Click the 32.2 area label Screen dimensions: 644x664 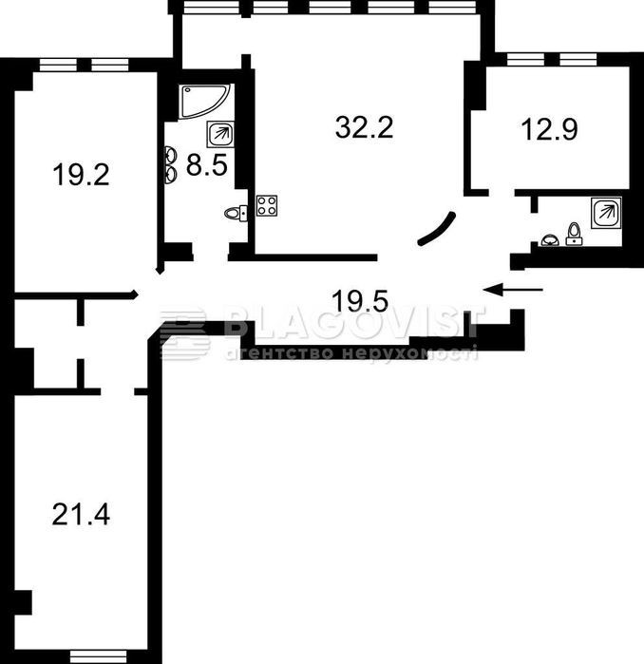click(364, 127)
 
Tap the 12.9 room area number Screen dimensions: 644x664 click(550, 129)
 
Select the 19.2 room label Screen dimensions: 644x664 click(81, 175)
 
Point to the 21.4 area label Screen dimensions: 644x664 click(81, 515)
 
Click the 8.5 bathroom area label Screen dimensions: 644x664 click(207, 164)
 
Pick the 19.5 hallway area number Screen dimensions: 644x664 click(360, 301)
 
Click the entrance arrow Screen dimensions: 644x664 click(513, 290)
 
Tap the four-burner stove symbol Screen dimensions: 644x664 click(267, 205)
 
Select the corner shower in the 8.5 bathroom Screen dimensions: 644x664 click(204, 102)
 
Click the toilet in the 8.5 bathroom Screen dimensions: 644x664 click(236, 212)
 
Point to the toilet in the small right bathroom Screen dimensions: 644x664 click(574, 235)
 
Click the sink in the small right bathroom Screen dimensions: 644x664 click(550, 240)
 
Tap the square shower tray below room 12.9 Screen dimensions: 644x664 click(606, 213)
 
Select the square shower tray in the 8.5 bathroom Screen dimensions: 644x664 click(220, 134)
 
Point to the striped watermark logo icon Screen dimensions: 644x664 click(184, 334)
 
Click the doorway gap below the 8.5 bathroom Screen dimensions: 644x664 click(211, 253)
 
